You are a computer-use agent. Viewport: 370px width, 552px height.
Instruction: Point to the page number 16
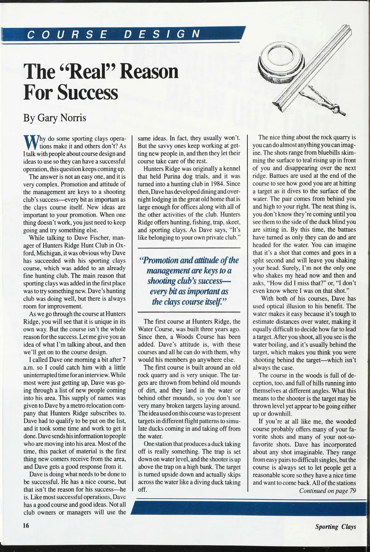26,525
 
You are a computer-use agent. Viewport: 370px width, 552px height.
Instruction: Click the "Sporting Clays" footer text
335,527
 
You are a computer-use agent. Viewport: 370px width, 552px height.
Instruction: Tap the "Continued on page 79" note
327,491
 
